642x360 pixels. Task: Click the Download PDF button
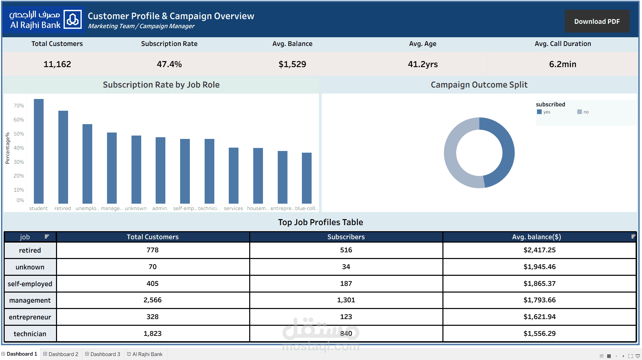tap(597, 21)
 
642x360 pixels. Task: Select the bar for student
tap(39, 151)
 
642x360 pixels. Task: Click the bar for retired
tap(63, 157)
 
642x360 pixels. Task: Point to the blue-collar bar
tap(307, 178)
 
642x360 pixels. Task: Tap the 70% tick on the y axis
tap(19, 106)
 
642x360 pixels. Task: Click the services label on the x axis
tap(233, 208)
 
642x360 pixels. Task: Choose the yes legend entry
tap(544, 112)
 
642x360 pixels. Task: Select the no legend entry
tap(583, 112)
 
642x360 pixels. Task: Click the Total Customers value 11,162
tap(57, 64)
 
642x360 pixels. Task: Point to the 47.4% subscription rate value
tap(169, 64)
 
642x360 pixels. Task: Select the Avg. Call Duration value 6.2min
tap(563, 64)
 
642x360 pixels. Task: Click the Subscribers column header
tap(346, 237)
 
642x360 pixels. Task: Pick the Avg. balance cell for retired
tap(539, 250)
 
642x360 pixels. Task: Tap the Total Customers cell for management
tap(153, 300)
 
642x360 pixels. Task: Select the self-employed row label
tap(30, 284)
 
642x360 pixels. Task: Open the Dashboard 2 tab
tap(61, 354)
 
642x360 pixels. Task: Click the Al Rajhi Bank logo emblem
tap(73, 19)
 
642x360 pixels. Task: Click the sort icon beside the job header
tap(47, 237)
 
